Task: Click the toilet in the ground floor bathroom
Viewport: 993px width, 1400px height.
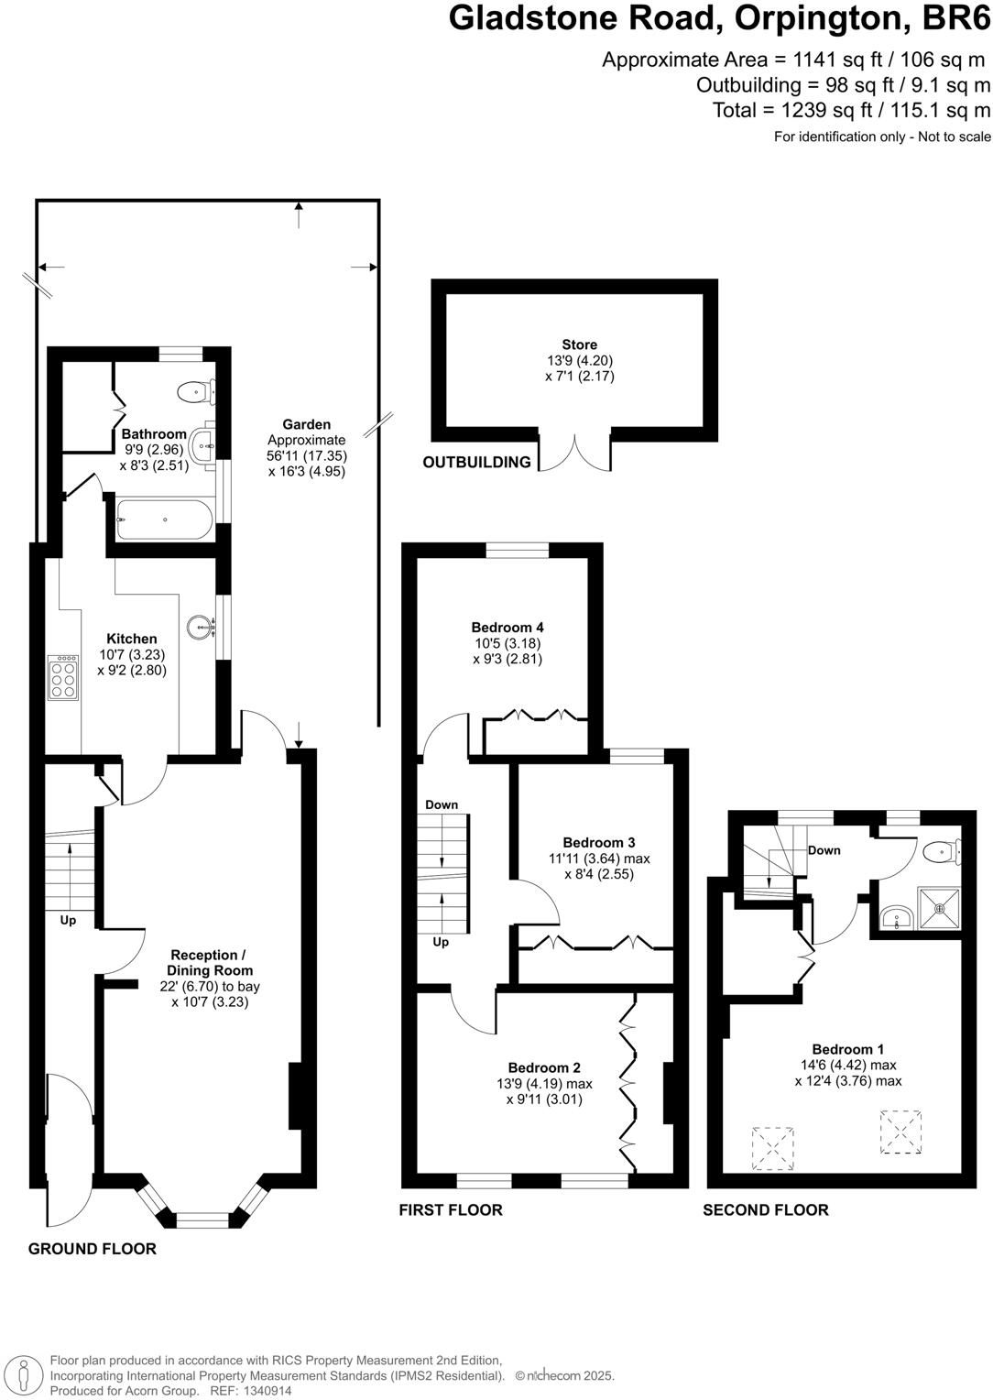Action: coord(194,392)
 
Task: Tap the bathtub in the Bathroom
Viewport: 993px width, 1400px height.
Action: coord(165,520)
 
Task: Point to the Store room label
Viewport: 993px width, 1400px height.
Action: coord(580,345)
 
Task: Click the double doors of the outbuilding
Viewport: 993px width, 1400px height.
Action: coord(575,452)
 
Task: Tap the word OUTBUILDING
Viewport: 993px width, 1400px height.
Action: coord(476,463)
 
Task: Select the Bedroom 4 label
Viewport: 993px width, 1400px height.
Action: coord(507,628)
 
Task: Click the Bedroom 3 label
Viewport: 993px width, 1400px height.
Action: coord(599,842)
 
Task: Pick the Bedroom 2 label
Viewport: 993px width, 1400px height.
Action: coord(544,1067)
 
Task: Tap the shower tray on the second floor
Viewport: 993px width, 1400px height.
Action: coord(938,909)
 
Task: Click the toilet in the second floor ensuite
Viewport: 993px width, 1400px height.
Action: coord(941,853)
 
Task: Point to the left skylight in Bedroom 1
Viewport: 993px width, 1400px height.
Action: coord(770,1148)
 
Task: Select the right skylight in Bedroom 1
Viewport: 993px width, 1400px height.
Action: coord(901,1132)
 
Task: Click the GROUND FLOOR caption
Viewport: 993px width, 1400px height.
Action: coord(93,1249)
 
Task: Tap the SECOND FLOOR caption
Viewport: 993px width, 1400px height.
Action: coord(766,1210)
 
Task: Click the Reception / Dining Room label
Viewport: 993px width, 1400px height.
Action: coord(210,963)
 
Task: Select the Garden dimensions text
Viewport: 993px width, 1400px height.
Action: coord(307,455)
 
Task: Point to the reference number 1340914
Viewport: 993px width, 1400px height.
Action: coord(265,1391)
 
